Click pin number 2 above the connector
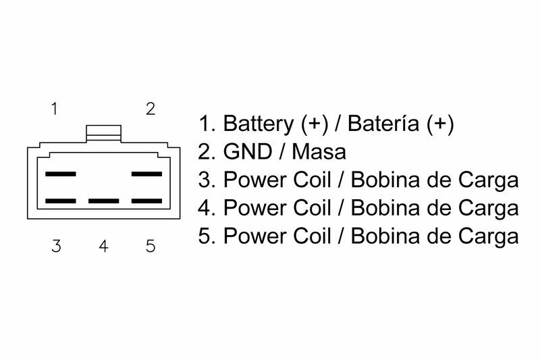tap(151, 108)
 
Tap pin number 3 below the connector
tap(56, 246)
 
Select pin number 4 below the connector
tap(103, 246)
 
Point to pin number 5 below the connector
tap(150, 246)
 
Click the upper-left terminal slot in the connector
tap(60, 174)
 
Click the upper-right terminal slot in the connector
tap(146, 174)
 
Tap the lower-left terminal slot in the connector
tap(60, 201)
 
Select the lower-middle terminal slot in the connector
tap(103, 201)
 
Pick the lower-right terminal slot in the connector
tap(146, 201)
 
